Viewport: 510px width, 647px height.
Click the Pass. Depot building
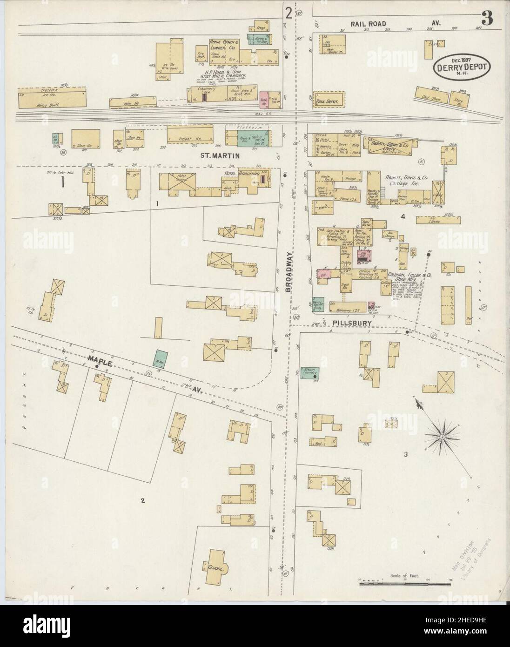pyautogui.click(x=329, y=99)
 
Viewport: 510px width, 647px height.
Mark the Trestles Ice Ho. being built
pyautogui.click(x=52, y=97)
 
